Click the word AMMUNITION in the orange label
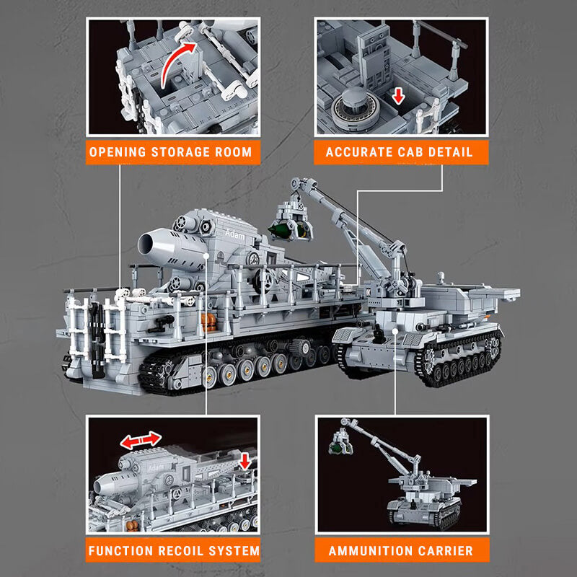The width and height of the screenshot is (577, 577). (370, 551)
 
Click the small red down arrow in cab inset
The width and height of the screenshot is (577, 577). (395, 96)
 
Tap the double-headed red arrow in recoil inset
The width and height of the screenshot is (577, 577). (140, 440)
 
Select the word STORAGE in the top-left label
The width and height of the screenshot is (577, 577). (178, 152)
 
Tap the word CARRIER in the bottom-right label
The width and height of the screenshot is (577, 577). (446, 551)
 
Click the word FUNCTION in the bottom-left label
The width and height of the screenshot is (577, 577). (117, 551)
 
